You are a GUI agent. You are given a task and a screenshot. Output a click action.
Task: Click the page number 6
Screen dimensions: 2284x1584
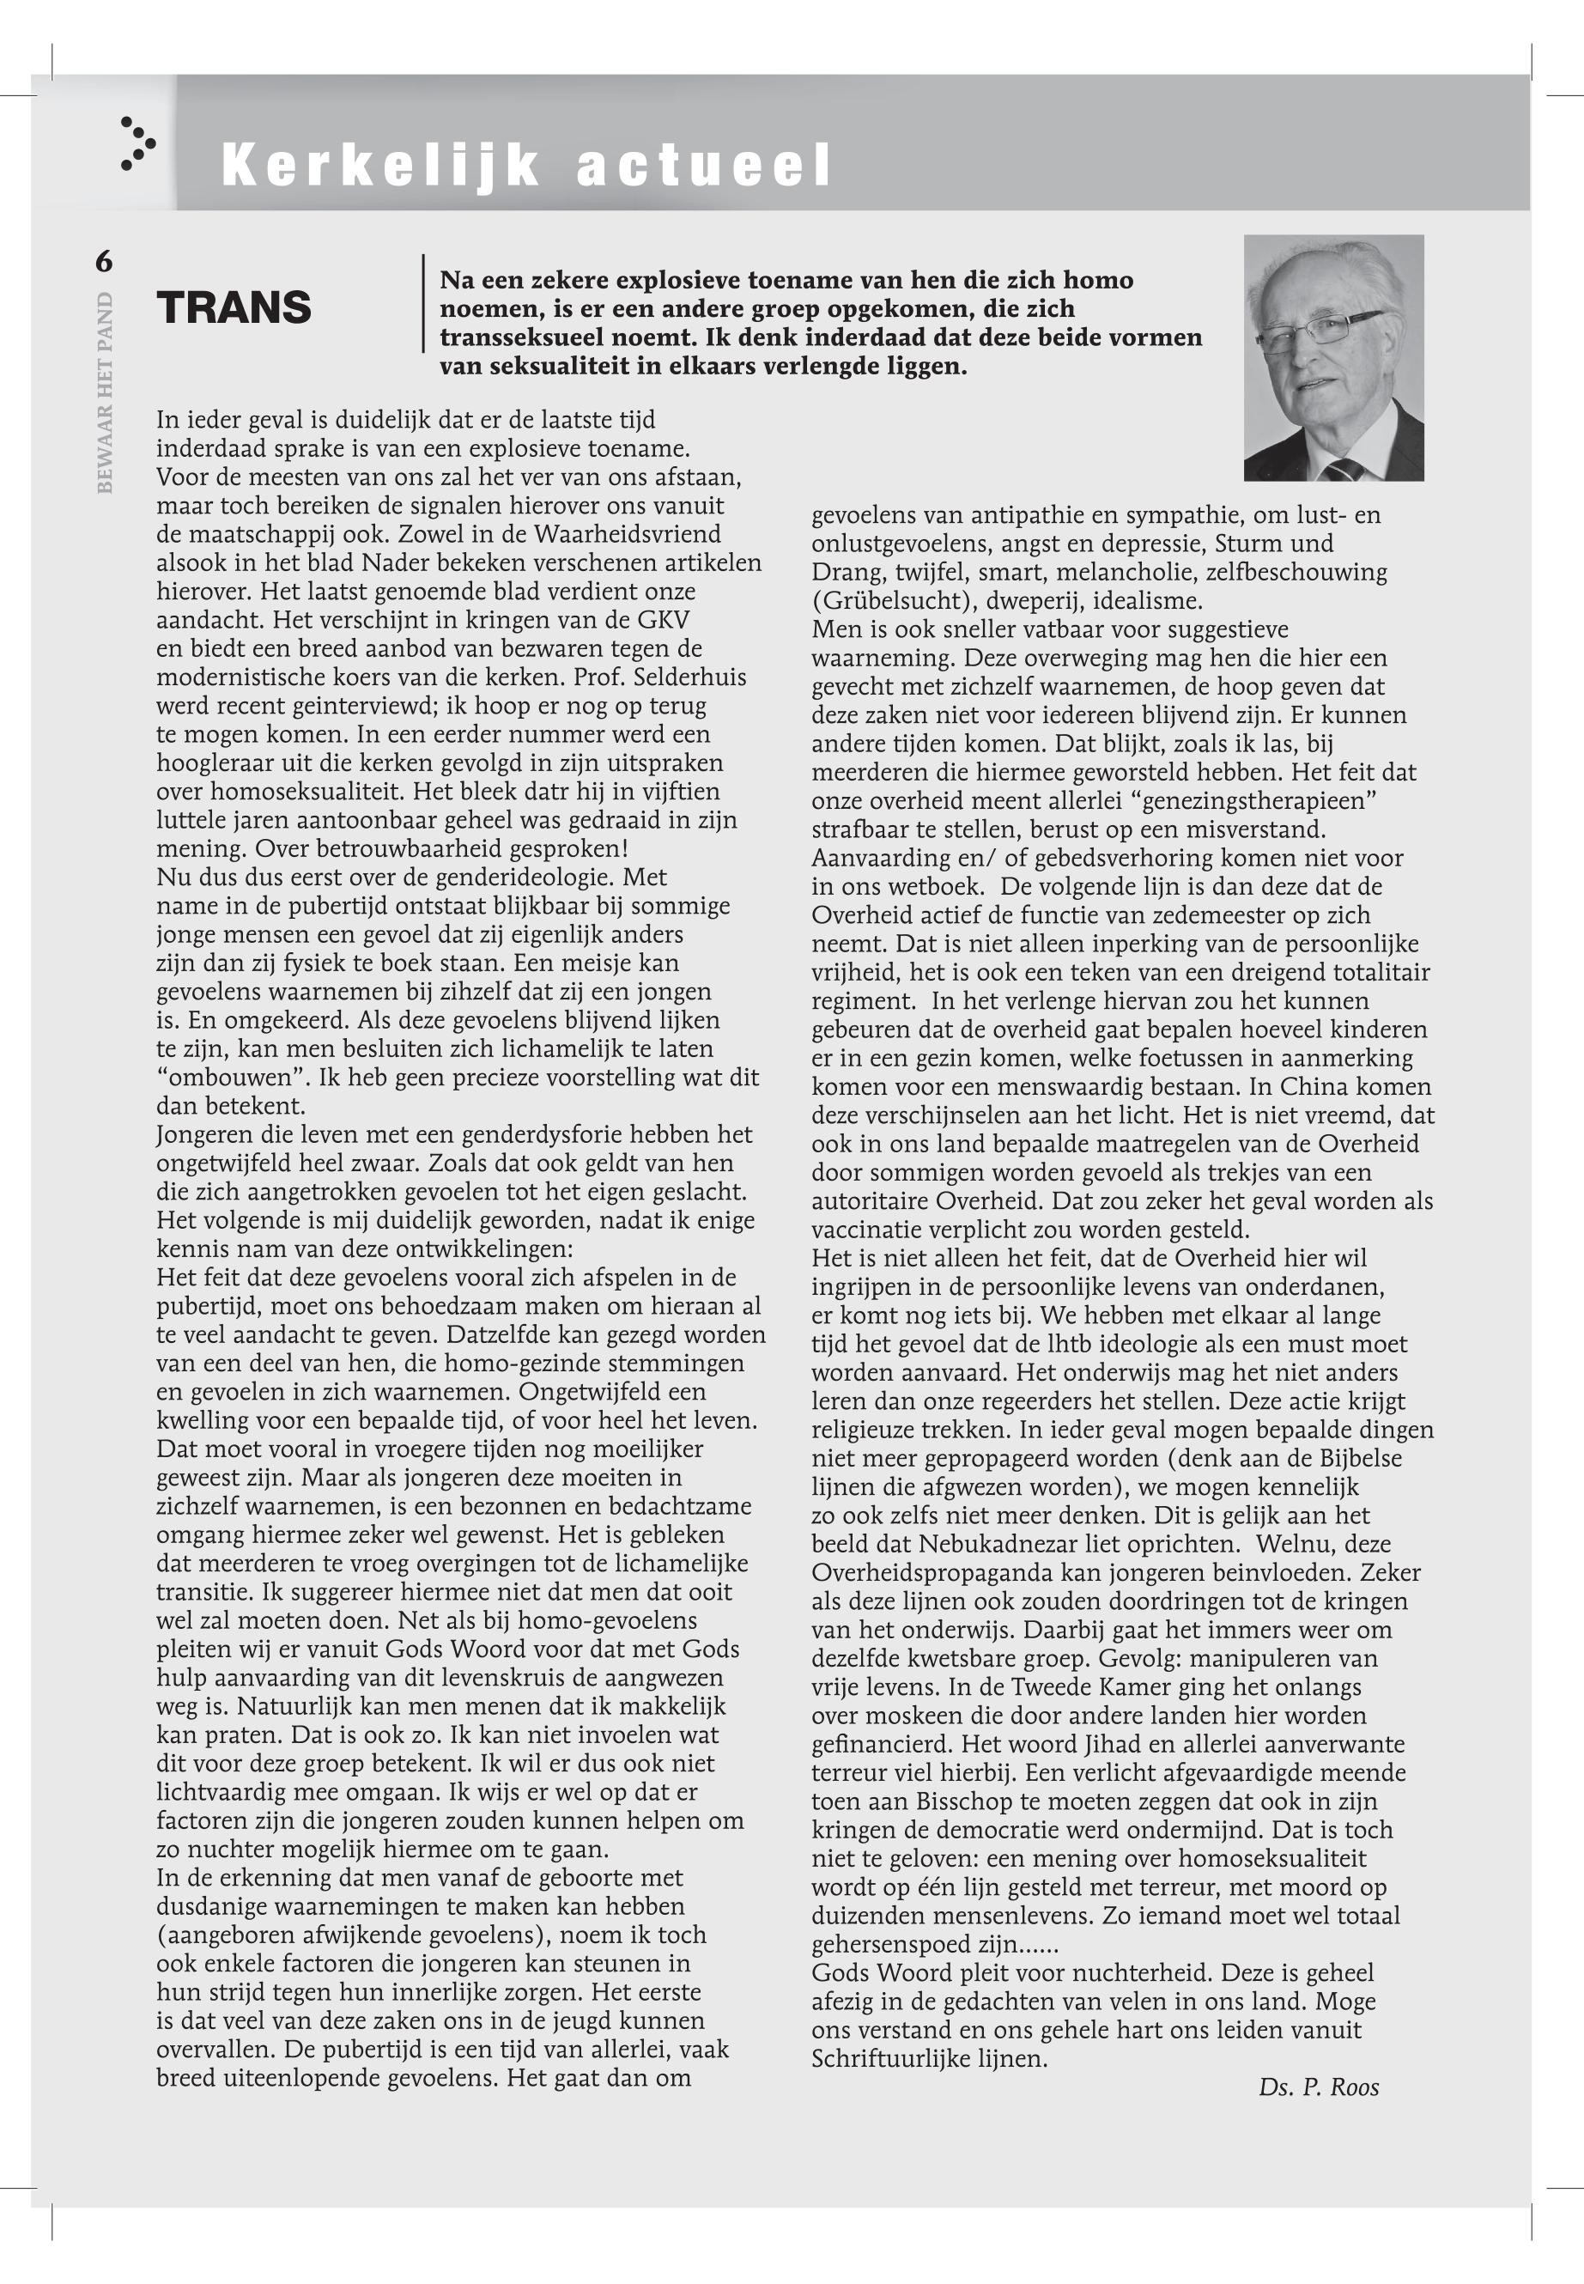(104, 262)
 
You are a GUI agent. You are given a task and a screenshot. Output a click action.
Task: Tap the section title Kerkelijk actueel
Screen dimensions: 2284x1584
(526, 165)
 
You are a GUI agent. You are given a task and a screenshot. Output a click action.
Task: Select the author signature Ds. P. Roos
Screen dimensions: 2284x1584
(1318, 2087)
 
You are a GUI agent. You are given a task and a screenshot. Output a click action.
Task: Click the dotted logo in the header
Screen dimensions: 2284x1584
(137, 144)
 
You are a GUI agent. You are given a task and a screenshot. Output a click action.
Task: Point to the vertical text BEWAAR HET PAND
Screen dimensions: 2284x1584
(106, 393)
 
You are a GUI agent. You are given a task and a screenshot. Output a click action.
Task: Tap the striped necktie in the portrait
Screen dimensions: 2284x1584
(1344, 469)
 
